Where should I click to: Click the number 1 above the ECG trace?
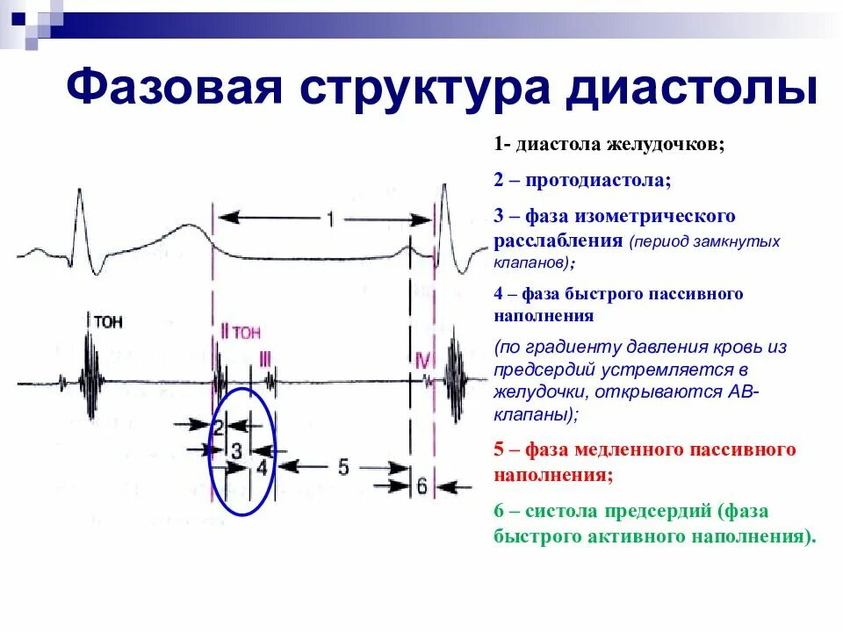[x=330, y=219]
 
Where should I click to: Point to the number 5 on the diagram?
[x=343, y=467]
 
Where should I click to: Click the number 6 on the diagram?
[x=422, y=485]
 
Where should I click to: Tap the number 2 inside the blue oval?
[x=219, y=427]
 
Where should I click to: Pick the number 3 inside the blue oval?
[x=236, y=449]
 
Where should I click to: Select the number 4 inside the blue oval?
[x=262, y=467]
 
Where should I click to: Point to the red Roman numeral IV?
[x=422, y=361]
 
